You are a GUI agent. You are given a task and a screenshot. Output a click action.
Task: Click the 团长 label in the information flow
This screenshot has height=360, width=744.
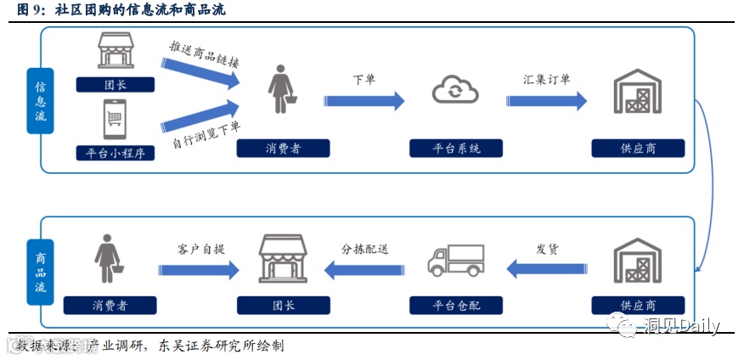[x=115, y=85]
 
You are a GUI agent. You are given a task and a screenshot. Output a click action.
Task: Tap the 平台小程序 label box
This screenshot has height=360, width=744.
[x=115, y=153]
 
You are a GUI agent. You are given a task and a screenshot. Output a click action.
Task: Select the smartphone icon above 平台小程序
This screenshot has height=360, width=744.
[x=115, y=119]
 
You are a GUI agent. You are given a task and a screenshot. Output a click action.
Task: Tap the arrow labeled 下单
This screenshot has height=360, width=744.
[x=364, y=100]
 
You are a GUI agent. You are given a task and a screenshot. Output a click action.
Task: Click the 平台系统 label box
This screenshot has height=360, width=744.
[x=456, y=149]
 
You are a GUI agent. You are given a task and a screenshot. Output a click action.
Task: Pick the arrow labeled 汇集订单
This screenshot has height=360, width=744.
[x=546, y=100]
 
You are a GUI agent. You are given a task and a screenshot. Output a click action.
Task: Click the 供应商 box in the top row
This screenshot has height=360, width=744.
[x=637, y=149]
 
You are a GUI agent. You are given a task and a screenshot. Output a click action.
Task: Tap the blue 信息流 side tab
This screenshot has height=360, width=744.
[x=40, y=100]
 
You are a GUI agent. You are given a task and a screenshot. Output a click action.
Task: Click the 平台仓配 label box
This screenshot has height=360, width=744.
[x=456, y=305]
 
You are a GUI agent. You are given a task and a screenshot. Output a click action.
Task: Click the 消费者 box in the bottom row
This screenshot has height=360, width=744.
[x=110, y=305]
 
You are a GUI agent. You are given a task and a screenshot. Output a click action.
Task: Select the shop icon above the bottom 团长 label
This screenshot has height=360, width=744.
[x=283, y=259]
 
